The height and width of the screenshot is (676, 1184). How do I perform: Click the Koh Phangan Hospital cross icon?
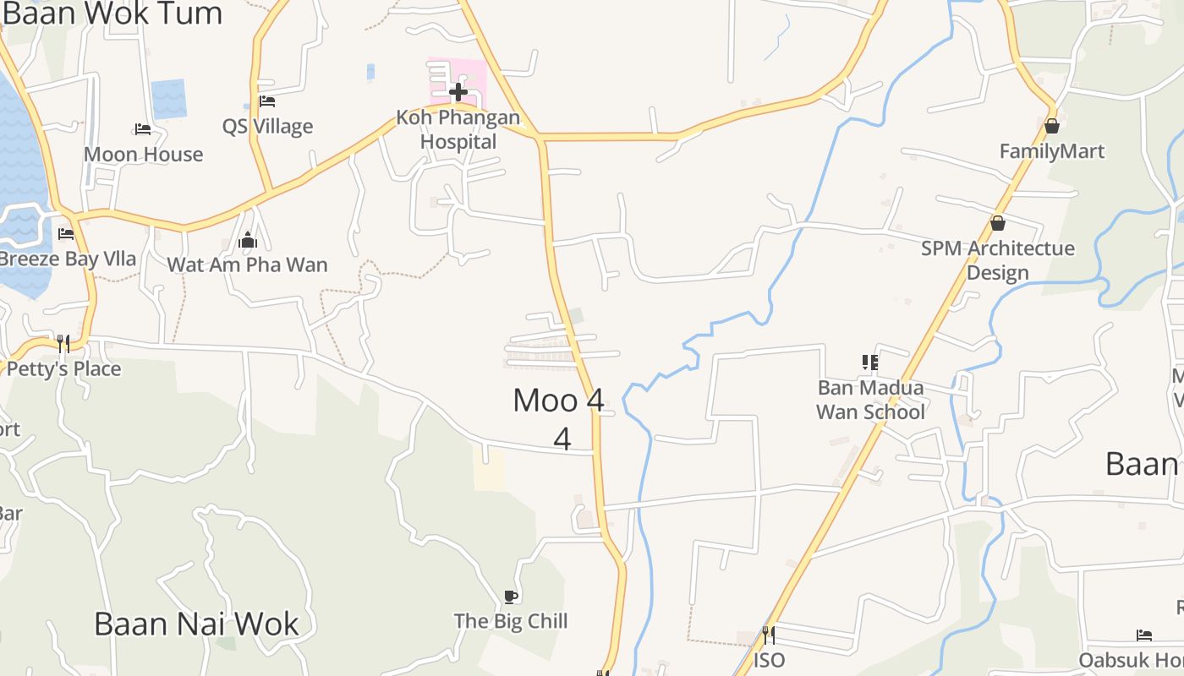pyautogui.click(x=458, y=91)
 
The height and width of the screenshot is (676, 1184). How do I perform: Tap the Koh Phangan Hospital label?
pyautogui.click(x=458, y=129)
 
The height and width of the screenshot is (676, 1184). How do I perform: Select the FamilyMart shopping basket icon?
pyautogui.click(x=1052, y=127)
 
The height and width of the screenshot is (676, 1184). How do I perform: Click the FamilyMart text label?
pyautogui.click(x=1052, y=152)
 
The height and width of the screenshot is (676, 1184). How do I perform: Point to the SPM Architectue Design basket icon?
pyautogui.click(x=998, y=223)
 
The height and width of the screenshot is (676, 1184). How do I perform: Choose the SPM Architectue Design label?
pyautogui.click(x=998, y=260)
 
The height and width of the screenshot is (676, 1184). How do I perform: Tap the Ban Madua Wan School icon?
pyautogui.click(x=870, y=363)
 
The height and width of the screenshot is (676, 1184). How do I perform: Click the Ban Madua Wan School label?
pyautogui.click(x=870, y=400)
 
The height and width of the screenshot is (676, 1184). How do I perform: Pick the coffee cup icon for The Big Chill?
pyautogui.click(x=511, y=597)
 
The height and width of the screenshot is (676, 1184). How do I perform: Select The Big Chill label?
pyautogui.click(x=511, y=622)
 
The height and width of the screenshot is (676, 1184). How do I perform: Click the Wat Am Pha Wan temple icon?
pyautogui.click(x=248, y=241)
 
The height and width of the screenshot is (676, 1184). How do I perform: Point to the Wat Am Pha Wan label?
pyautogui.click(x=247, y=265)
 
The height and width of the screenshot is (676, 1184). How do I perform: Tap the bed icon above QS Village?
pyautogui.click(x=267, y=101)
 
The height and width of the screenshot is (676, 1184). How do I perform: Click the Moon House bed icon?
pyautogui.click(x=143, y=129)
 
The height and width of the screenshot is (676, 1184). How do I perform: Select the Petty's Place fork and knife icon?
pyautogui.click(x=63, y=343)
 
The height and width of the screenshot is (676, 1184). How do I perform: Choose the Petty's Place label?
pyautogui.click(x=64, y=369)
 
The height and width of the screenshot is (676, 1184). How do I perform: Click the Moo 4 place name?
pyautogui.click(x=559, y=401)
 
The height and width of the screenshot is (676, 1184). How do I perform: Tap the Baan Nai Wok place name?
pyautogui.click(x=196, y=624)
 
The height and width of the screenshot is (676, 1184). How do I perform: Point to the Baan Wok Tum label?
pyautogui.click(x=113, y=14)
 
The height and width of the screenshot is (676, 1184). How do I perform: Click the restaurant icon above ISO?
pyautogui.click(x=769, y=634)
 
